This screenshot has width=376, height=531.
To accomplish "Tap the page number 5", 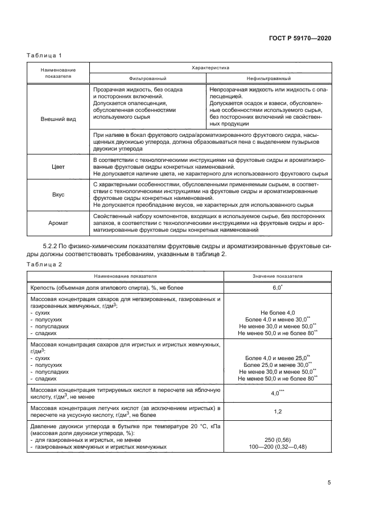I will coord(329,483).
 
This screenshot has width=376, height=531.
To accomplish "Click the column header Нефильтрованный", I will coord(268,78).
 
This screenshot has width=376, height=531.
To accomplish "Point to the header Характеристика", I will coord(210,67).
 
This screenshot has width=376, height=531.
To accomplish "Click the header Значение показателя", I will coord(278,277).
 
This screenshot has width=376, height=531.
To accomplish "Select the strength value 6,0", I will coord(276,289).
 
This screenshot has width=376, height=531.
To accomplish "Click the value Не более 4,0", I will coord(278,313).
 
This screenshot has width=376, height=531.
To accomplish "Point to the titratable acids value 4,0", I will coord(276,393).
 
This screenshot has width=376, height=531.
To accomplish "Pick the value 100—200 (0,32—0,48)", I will coord(278,446).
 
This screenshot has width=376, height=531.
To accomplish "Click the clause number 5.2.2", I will coord(53,246).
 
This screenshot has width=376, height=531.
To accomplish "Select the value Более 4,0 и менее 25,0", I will coord(276,358).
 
